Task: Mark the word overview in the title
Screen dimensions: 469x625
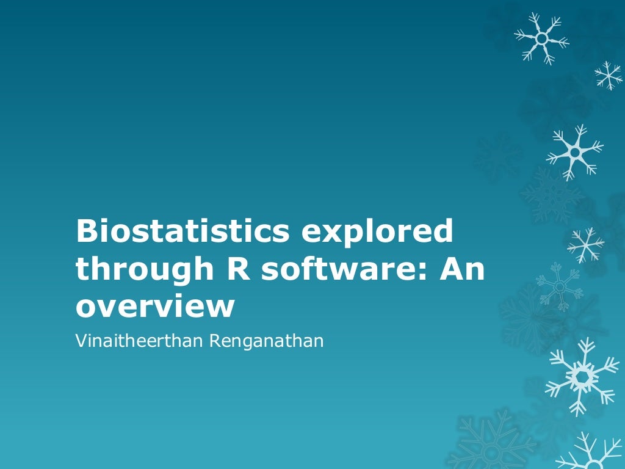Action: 155,307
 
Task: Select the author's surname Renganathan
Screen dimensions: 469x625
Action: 266,341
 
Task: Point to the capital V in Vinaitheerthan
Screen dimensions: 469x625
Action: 80,341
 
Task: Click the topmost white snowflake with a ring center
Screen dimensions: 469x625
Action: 541,38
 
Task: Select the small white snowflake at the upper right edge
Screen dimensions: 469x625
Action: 609,75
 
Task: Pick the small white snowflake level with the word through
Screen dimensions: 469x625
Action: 585,245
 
